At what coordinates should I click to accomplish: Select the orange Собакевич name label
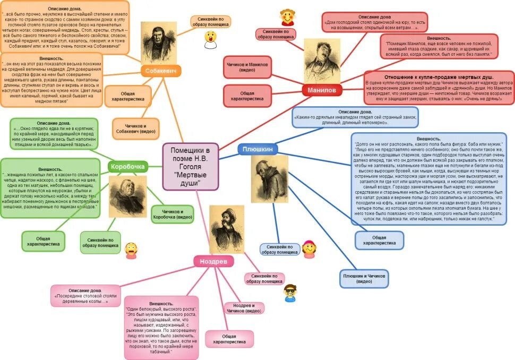[162, 71]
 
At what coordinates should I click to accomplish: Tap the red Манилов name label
[322, 90]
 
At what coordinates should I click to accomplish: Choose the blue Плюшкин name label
[257, 149]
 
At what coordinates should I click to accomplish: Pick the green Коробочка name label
[127, 166]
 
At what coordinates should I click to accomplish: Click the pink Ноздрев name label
[213, 261]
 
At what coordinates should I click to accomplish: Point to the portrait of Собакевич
[158, 42]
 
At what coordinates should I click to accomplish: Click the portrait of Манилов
[322, 60]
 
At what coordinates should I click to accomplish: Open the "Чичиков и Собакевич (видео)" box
[135, 128]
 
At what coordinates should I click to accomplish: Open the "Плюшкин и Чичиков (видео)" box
[364, 279]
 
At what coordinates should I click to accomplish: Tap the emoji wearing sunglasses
[290, 293]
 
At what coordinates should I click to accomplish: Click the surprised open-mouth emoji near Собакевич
[210, 39]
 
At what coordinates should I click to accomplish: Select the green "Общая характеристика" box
[43, 241]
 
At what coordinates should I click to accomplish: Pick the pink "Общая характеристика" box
[229, 339]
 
